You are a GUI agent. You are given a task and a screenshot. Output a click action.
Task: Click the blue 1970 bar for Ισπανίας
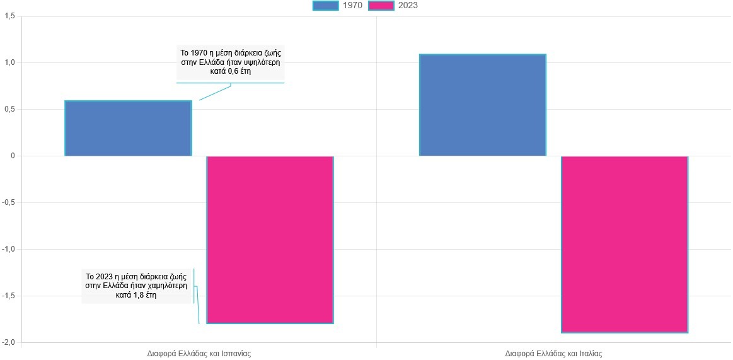pyautogui.click(x=128, y=128)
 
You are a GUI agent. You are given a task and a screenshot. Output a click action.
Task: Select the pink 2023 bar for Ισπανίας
pyautogui.click(x=270, y=240)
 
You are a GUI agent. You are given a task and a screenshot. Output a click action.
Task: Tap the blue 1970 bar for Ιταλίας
pyautogui.click(x=482, y=105)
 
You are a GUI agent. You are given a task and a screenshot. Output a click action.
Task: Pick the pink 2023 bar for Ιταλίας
pyautogui.click(x=624, y=244)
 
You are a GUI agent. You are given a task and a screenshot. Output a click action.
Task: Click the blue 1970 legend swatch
pyautogui.click(x=325, y=6)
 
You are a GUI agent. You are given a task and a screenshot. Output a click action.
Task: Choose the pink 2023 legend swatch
pyautogui.click(x=381, y=6)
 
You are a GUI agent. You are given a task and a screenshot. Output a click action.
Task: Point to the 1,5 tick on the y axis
pyautogui.click(x=9, y=16)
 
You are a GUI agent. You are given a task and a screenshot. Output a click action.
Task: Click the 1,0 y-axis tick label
pyautogui.click(x=9, y=63)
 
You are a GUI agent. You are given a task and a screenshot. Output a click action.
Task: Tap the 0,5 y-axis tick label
pyautogui.click(x=9, y=110)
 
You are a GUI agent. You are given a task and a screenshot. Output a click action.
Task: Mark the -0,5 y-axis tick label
pyautogui.click(x=8, y=202)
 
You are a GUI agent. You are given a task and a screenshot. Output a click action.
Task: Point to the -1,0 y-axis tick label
pyautogui.click(x=8, y=249)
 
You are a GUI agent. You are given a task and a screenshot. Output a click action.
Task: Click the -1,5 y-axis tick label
pyautogui.click(x=8, y=296)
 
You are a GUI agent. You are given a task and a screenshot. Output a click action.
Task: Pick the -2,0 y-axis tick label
pyautogui.click(x=8, y=342)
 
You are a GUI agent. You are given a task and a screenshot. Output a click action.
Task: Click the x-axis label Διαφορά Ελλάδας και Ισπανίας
pyautogui.click(x=199, y=354)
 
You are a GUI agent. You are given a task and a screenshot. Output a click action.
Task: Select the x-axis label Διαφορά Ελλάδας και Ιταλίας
pyautogui.click(x=553, y=354)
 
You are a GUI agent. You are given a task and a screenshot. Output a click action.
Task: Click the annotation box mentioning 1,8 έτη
pyautogui.click(x=136, y=286)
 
